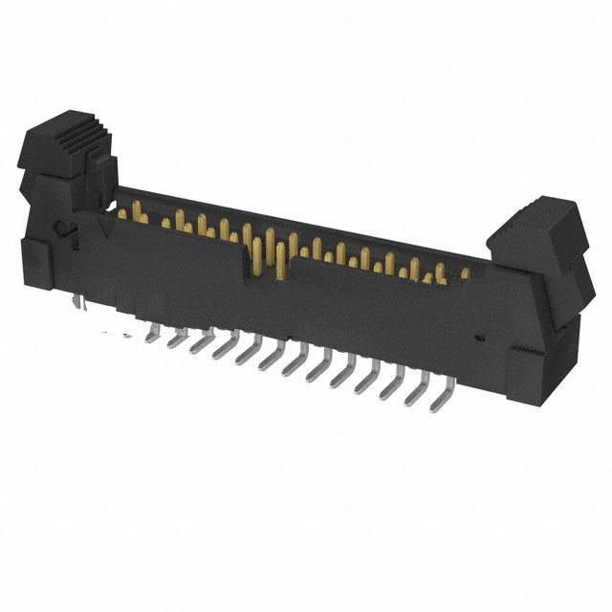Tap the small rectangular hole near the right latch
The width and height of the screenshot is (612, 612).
481,338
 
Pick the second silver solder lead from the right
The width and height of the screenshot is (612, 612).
418,386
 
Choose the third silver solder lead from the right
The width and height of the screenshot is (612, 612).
392,380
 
